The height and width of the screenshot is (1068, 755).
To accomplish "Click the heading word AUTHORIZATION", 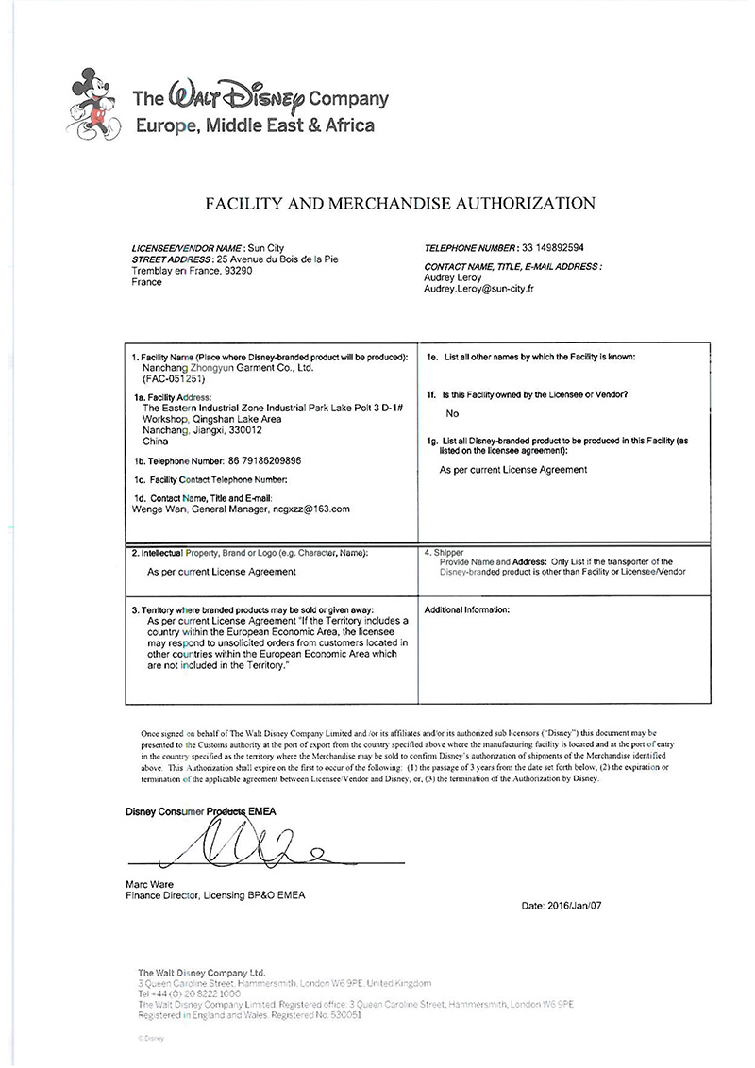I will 521,202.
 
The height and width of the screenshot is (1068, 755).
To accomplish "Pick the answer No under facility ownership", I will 453,413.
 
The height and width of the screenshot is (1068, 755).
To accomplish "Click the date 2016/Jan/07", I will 574,906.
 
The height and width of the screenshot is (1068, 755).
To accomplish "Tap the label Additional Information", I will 467,610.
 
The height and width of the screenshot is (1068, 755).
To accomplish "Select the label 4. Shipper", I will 445,551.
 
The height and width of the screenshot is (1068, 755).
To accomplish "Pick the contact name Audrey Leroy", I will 454,278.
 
